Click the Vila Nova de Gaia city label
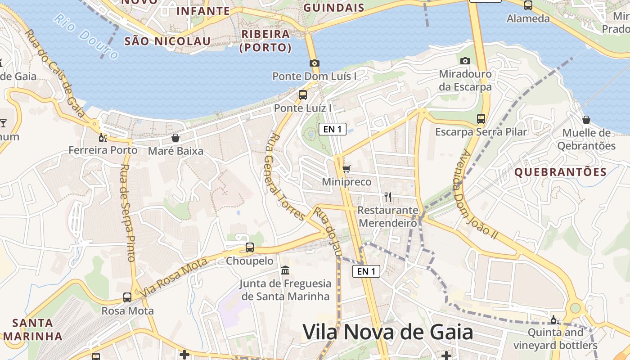click(387, 332)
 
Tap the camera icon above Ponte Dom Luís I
click(314, 63)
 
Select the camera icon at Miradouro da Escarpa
click(465, 61)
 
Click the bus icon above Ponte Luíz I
click(303, 95)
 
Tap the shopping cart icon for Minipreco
click(346, 169)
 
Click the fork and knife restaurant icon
click(387, 197)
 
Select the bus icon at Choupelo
click(249, 247)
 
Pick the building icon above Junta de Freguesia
click(285, 270)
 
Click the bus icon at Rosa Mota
click(127, 297)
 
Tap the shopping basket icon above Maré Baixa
click(175, 138)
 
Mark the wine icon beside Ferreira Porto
click(103, 137)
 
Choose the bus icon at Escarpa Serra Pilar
click(481, 119)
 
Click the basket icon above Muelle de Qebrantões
click(586, 120)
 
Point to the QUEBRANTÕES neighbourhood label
click(560, 172)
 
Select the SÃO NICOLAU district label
click(167, 41)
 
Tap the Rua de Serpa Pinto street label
click(127, 212)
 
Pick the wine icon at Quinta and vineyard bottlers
click(555, 320)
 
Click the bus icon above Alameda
click(528, 5)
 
